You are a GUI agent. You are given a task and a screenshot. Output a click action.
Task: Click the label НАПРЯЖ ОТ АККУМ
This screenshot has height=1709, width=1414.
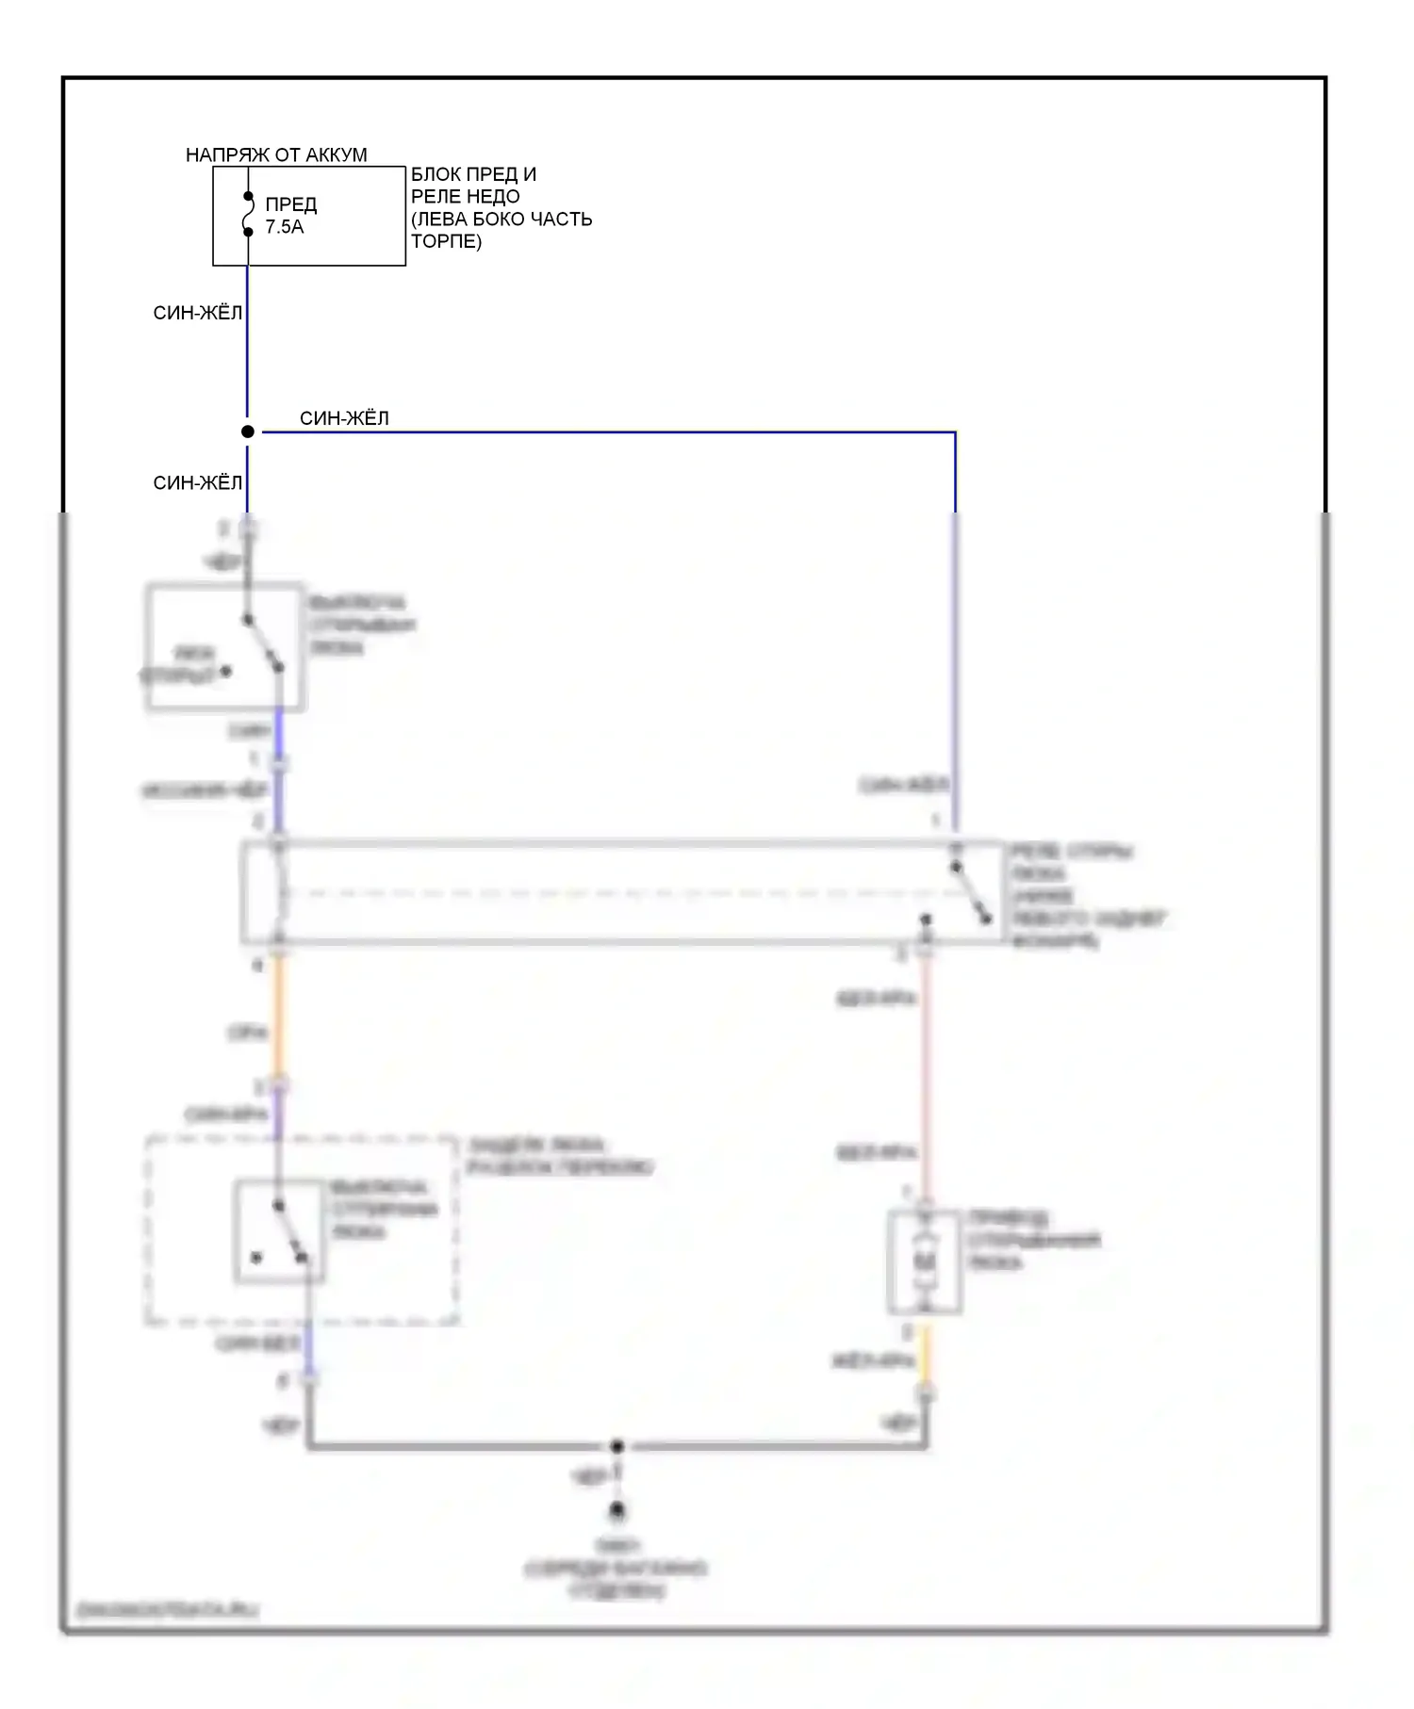pos(276,155)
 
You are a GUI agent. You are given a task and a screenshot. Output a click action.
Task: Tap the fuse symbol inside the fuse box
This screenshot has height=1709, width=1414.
pos(248,215)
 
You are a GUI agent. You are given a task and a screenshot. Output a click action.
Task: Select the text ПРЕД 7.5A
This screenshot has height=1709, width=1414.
pos(290,216)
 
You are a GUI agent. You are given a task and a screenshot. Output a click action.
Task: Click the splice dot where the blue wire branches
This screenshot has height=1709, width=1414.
pos(248,431)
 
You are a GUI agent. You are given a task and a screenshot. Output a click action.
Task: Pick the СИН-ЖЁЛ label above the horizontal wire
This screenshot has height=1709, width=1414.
pos(344,417)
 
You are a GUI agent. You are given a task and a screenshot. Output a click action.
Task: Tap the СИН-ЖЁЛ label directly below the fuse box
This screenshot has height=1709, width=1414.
pos(197,313)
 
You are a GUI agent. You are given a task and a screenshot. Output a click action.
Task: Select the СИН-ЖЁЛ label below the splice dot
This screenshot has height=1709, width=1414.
pos(197,482)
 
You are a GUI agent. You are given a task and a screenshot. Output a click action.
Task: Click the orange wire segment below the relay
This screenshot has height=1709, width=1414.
pos(278,1021)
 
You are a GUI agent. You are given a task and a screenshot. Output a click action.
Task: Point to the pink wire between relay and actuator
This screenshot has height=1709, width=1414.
pos(926,1074)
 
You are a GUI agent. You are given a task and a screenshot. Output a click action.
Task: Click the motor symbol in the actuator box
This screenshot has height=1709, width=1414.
pos(926,1261)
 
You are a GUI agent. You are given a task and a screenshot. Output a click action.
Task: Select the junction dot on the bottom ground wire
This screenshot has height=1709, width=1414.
pos(617,1446)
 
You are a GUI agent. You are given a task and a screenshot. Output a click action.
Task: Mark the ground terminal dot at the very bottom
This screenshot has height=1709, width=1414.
pos(617,1511)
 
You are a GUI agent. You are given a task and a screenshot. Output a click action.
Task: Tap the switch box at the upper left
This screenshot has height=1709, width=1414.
pos(225,647)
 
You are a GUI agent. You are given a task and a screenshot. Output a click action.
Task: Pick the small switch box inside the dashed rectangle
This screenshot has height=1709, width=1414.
pos(280,1231)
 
